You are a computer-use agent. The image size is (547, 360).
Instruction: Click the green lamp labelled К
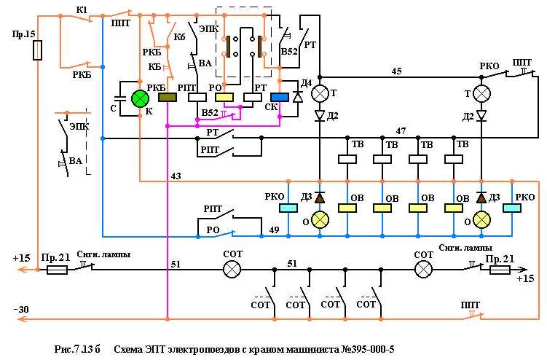point(139,98)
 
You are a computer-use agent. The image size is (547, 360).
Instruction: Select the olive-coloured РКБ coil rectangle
point(168,98)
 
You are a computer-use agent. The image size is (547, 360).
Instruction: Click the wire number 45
point(396,71)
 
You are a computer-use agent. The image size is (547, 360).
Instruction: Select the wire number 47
point(400,130)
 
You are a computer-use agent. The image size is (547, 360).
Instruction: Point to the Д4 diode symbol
point(296,98)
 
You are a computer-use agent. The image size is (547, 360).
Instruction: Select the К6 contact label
point(178,36)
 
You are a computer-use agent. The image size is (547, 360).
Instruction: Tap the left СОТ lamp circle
point(231,270)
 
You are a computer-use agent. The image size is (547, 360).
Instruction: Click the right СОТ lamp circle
point(423,270)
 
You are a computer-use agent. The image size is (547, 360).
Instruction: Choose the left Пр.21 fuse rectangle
point(57,270)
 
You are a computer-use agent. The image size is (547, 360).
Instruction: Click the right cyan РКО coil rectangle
point(512,208)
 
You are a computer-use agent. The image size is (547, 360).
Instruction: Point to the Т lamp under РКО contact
point(481,93)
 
